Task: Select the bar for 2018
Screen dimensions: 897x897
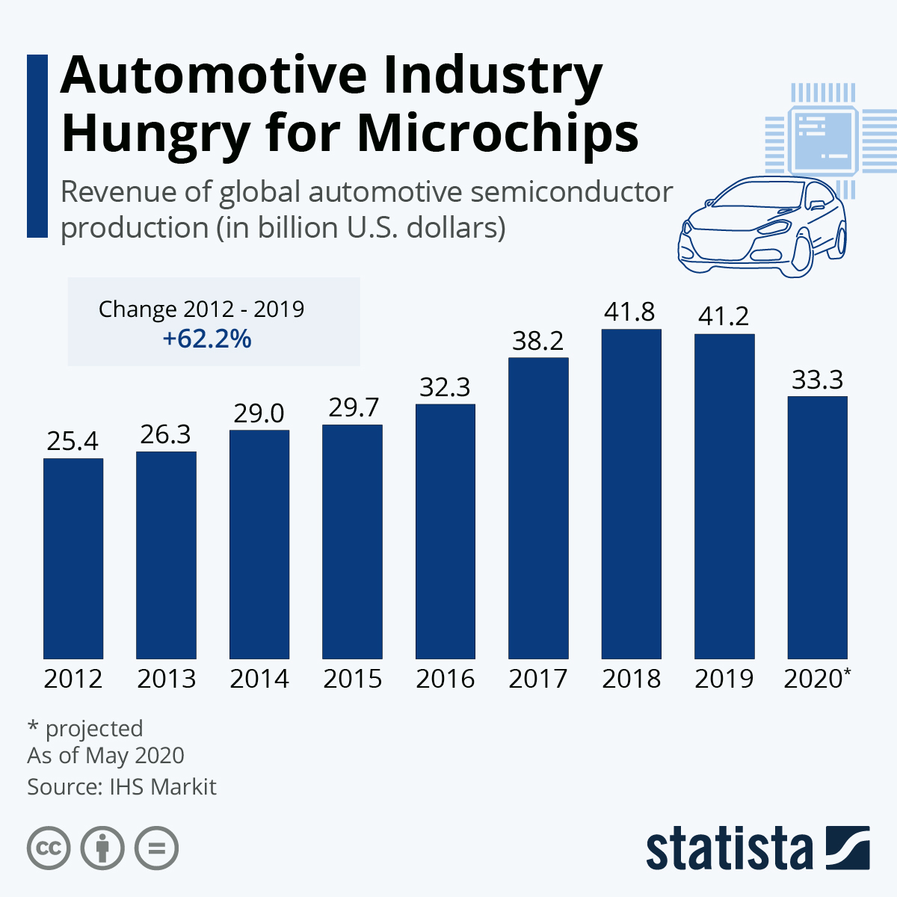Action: click(x=631, y=493)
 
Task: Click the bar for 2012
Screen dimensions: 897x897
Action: click(x=73, y=558)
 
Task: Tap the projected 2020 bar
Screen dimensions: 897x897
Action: click(x=817, y=527)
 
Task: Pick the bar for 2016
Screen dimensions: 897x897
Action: click(x=446, y=531)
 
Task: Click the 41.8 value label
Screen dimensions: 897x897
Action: click(x=629, y=312)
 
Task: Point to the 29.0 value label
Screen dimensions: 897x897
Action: click(x=259, y=413)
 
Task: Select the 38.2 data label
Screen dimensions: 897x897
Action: click(x=537, y=341)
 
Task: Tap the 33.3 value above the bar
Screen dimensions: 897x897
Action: click(x=817, y=380)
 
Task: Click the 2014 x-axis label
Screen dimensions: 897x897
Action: click(x=259, y=679)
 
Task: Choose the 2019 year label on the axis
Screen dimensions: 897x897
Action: click(x=724, y=679)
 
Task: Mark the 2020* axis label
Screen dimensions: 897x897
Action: click(x=817, y=679)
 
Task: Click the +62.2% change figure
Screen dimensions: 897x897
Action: click(x=207, y=339)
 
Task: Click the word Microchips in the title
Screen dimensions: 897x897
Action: click(x=497, y=133)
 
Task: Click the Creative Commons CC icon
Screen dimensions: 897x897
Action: click(x=49, y=848)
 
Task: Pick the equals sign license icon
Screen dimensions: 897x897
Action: click(x=157, y=848)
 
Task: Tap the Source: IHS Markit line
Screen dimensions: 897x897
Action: click(x=122, y=787)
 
